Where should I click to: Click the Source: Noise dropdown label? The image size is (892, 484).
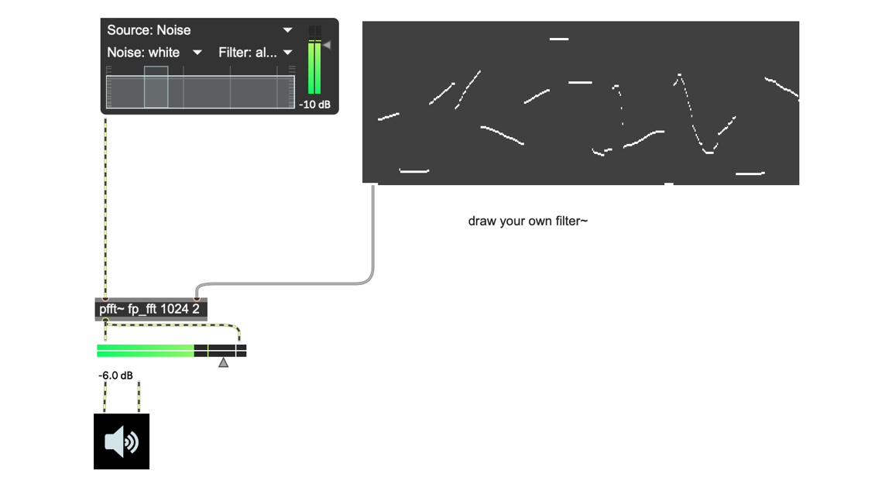[x=149, y=30]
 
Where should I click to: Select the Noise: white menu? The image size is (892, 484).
[x=143, y=53]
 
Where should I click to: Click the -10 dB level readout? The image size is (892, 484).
[x=314, y=105]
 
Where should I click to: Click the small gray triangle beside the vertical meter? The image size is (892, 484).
[x=327, y=45]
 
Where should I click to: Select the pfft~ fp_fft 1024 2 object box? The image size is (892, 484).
[x=151, y=309]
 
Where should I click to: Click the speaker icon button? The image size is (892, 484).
[x=122, y=441]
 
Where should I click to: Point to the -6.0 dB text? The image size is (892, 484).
[x=115, y=376]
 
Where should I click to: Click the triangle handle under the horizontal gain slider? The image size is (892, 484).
[x=224, y=362]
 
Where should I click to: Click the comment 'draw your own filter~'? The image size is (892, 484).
[x=528, y=221]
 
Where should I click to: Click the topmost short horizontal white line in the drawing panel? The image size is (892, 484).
[x=559, y=39]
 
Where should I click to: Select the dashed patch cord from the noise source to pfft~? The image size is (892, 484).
[x=105, y=208]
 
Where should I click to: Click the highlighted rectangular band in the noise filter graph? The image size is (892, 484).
[x=156, y=87]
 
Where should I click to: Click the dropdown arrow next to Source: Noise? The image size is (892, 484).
[x=288, y=30]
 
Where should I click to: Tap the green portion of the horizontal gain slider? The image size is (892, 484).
[x=146, y=350]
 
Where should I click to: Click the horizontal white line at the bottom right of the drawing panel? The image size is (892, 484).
[x=750, y=173]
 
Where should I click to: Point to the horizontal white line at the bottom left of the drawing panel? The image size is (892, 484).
[x=414, y=170]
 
